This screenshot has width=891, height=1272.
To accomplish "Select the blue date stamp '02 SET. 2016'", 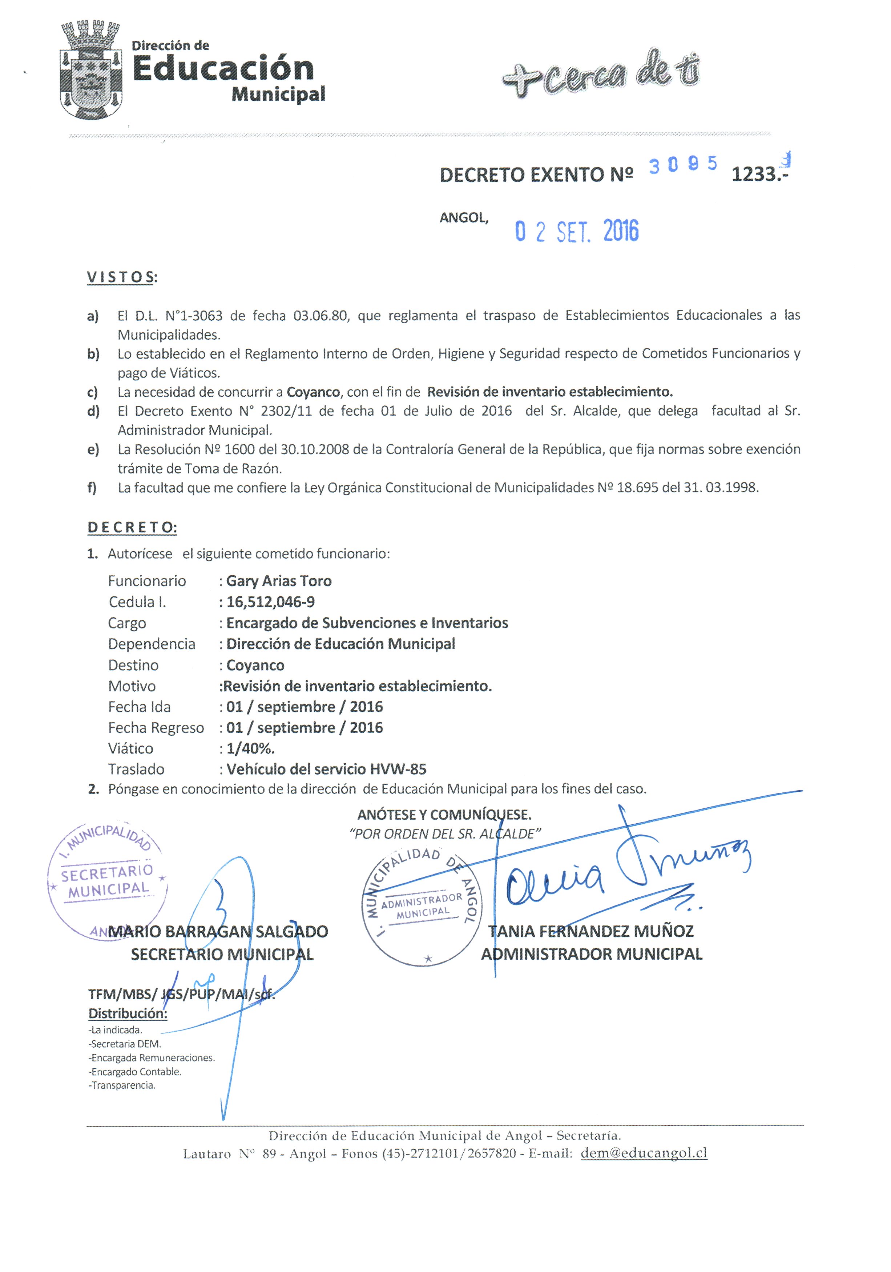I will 576,231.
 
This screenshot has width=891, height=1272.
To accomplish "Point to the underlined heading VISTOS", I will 121,277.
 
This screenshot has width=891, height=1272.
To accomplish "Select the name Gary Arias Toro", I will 279,581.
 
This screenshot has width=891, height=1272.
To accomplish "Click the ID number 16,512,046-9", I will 270,602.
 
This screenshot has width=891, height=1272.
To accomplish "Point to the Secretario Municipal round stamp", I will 107,881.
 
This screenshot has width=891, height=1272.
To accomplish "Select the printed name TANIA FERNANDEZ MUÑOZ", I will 590,931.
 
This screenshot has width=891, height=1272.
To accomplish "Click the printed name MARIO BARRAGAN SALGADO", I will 218,931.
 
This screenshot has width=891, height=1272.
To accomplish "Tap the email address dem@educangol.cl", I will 644,1153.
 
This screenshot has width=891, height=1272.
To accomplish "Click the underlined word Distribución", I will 128,1013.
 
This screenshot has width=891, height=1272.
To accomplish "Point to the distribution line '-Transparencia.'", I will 122,1085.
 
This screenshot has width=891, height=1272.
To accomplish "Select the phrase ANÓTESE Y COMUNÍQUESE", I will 444,815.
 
